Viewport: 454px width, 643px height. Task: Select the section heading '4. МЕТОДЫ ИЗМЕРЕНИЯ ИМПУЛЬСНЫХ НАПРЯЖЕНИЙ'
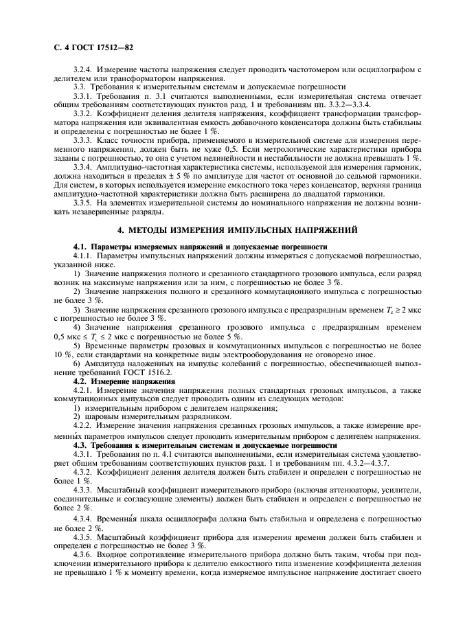[x=227, y=229]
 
